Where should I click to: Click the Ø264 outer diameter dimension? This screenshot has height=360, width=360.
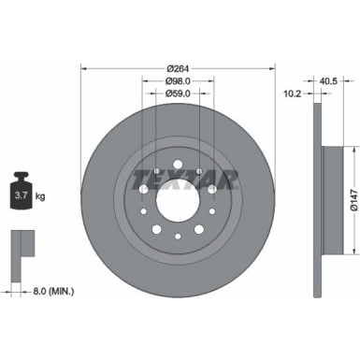[178, 66]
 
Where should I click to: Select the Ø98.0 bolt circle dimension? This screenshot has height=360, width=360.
[178, 80]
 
